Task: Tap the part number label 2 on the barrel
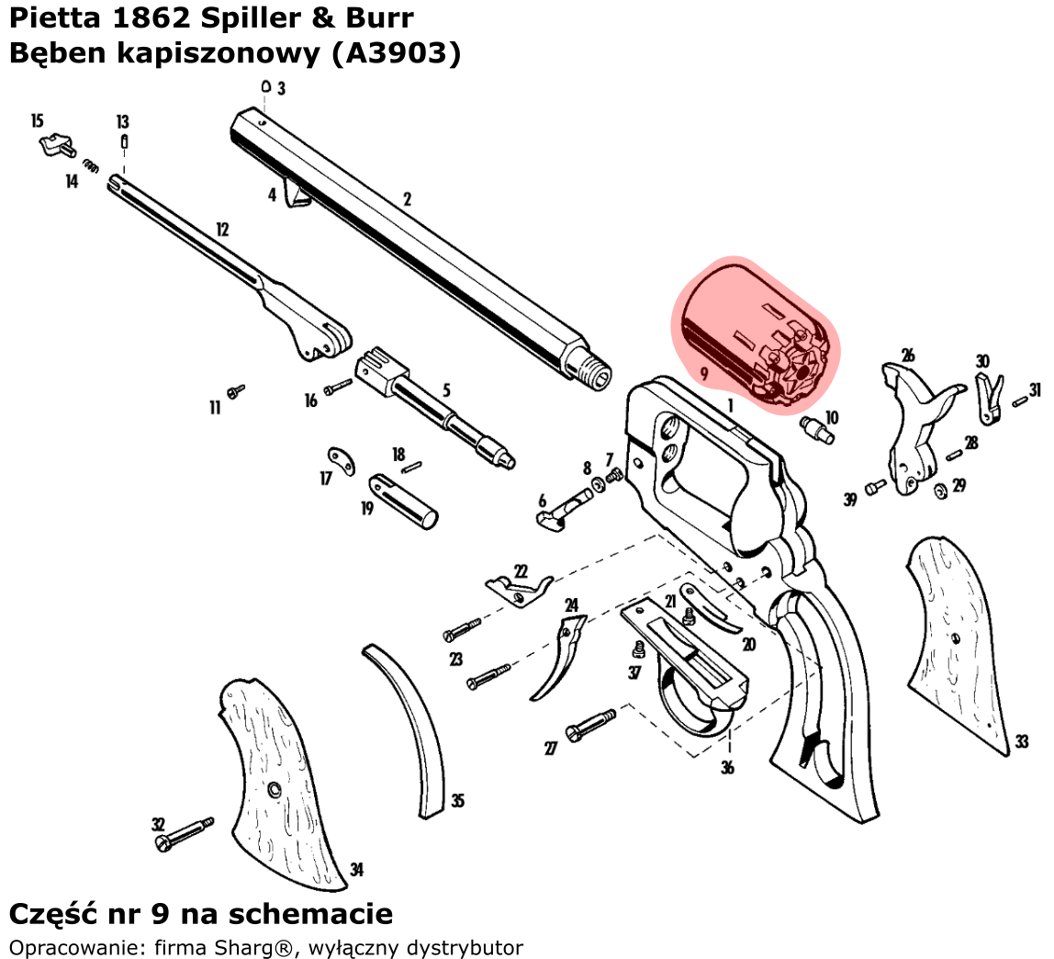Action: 407,198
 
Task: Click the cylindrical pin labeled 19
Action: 404,501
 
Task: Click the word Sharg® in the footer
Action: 264,948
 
